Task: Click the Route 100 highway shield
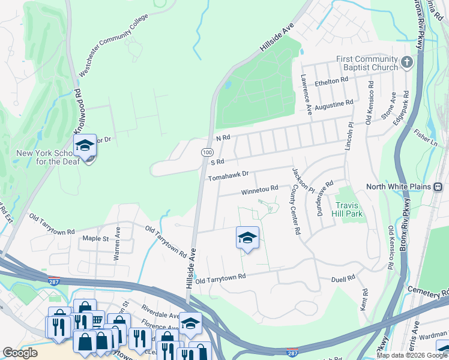click(x=206, y=154)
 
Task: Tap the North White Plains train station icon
click(x=439, y=187)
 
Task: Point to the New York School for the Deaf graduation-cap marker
click(x=85, y=146)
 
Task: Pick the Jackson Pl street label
click(x=302, y=179)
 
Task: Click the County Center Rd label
click(x=295, y=209)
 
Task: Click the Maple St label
click(x=95, y=238)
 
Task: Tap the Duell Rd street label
click(x=343, y=278)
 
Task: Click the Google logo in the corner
click(x=20, y=353)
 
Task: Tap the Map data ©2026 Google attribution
click(x=412, y=355)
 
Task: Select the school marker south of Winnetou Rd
click(x=247, y=238)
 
